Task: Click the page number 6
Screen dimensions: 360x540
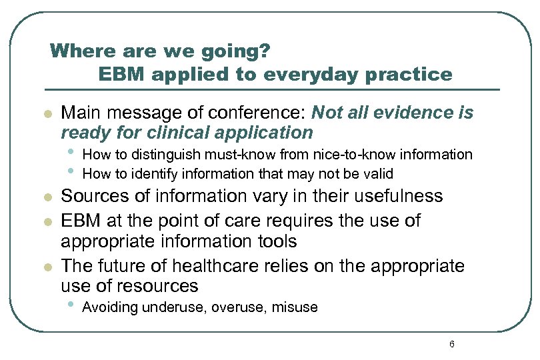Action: click(452, 344)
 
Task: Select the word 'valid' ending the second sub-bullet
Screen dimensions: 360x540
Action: click(379, 174)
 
